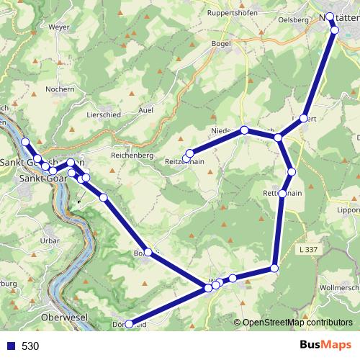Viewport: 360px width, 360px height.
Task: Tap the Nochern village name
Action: coord(60,89)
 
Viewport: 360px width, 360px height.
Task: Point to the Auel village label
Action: coord(145,110)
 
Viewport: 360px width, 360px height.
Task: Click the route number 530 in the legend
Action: coord(30,346)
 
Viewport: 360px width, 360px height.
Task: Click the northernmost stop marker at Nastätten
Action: coord(330,16)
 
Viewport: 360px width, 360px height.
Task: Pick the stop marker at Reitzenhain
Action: coord(189,153)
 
